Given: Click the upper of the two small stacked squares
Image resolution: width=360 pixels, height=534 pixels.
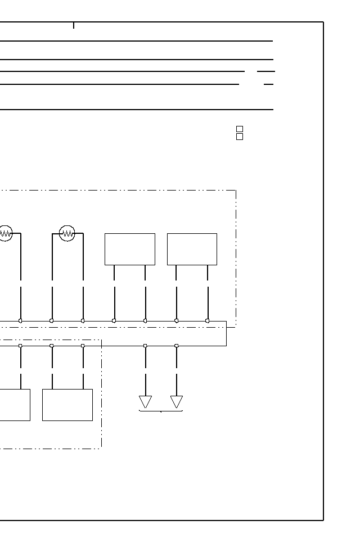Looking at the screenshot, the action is [x=240, y=129].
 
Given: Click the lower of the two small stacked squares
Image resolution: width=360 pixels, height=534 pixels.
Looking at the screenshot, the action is [x=240, y=137].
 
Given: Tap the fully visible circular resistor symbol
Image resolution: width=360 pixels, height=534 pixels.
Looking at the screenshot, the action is [x=67, y=233].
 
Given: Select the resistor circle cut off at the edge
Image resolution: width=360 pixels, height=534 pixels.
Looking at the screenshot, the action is [x=5, y=233].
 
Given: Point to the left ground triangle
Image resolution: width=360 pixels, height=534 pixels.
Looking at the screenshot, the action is [x=145, y=402].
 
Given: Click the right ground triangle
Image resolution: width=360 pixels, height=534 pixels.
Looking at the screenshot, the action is [x=177, y=402].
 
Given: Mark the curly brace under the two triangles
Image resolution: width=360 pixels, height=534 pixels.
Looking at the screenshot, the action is [x=161, y=411].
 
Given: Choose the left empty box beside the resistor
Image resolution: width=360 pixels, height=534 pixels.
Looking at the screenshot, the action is [x=130, y=249].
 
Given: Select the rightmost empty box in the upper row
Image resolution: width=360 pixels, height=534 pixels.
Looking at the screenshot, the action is [x=192, y=249].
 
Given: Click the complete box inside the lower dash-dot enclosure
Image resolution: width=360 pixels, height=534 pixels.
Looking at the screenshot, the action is [x=67, y=405].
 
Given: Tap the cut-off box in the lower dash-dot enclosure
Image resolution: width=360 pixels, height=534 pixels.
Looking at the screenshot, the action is [x=15, y=405].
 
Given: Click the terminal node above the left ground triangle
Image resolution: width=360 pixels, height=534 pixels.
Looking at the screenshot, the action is [x=145, y=346].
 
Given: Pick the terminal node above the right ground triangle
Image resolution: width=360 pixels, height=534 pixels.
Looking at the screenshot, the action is [x=177, y=346].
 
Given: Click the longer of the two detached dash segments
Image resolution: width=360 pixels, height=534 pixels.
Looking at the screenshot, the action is [x=265, y=71].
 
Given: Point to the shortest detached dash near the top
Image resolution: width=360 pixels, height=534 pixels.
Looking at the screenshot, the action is [x=268, y=84].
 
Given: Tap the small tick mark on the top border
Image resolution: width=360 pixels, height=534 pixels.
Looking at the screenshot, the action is [x=74, y=25].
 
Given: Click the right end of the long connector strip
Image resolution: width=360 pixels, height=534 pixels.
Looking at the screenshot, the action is [x=226, y=333].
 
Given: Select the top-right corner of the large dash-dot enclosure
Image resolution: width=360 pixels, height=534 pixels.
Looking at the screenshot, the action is [x=236, y=191].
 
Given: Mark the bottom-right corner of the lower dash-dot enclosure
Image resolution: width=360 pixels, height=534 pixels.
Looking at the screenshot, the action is [x=101, y=448].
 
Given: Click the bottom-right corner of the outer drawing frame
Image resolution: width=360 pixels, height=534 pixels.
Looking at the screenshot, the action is [x=323, y=520].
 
